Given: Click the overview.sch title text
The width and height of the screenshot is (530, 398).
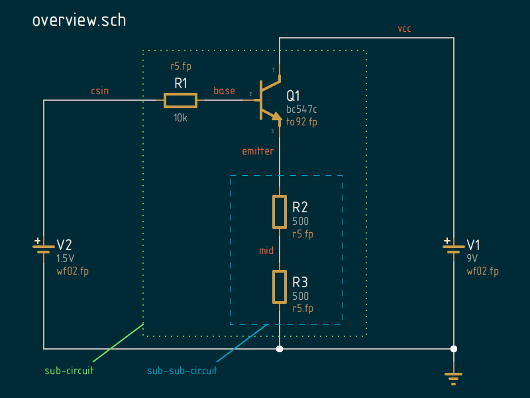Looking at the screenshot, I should coord(79,20).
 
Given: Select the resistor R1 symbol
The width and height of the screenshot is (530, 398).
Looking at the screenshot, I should coord(180,100).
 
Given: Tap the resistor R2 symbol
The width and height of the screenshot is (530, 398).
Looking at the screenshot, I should coord(280,212).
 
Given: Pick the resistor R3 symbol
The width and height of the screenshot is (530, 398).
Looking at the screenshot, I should coord(280,287).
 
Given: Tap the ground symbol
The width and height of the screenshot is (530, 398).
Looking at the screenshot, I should coord(454,378).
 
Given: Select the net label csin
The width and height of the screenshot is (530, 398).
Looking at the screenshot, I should coord(100,90).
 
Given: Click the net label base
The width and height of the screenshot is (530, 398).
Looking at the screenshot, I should coord(224,90).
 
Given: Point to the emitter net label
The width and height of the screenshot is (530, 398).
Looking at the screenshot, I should coord(258,151).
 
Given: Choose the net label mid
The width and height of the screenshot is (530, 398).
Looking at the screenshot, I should coord(266,251).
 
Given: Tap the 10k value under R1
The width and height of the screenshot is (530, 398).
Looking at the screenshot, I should coord(180,117).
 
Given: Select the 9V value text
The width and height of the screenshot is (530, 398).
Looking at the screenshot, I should coord(472,258).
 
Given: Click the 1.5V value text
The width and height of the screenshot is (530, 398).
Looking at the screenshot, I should coord(66,258).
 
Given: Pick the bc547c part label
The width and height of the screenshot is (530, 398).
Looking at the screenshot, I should coord(301,109).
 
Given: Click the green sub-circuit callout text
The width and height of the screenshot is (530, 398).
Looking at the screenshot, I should coord(69,371).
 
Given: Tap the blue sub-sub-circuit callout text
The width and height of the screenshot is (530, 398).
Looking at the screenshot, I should coord(182,371).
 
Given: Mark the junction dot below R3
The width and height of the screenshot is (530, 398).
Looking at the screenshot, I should coord(280,348).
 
